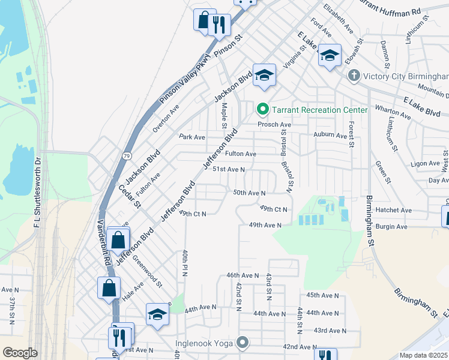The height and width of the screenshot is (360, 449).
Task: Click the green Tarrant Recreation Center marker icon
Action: [262, 110]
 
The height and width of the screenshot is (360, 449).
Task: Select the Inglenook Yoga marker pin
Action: [243, 343]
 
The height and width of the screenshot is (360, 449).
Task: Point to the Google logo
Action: [20, 353]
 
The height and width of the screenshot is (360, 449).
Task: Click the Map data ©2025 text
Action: [424, 355]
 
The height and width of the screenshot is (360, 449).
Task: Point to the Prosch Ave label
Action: [274, 125]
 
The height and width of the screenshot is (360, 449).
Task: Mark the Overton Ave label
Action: [166, 118]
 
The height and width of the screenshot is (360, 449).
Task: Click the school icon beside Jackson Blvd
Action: [264, 75]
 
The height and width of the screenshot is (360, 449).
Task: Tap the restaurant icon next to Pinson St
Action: [220, 24]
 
